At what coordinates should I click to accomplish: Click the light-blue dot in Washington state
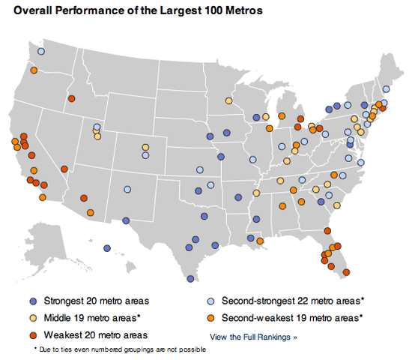(x=41, y=52)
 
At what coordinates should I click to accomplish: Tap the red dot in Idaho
(x=72, y=98)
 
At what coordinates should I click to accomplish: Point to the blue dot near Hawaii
(x=107, y=248)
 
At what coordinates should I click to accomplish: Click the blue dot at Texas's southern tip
(x=190, y=279)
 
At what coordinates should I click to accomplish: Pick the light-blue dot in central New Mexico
(x=127, y=190)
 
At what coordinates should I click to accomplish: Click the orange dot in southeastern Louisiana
(x=260, y=241)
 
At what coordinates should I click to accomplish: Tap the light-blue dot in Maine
(x=386, y=88)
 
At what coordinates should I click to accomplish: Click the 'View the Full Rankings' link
(x=254, y=337)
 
